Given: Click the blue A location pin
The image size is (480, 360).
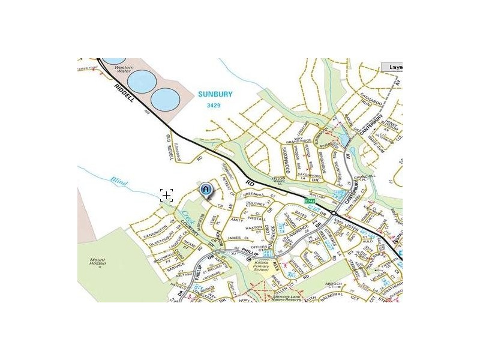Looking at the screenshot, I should (x=206, y=190).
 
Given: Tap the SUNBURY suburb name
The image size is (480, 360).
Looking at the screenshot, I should (x=215, y=94).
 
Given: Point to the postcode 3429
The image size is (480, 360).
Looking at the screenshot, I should (x=214, y=105).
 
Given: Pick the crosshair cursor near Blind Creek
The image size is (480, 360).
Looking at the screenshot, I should (x=166, y=194).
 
